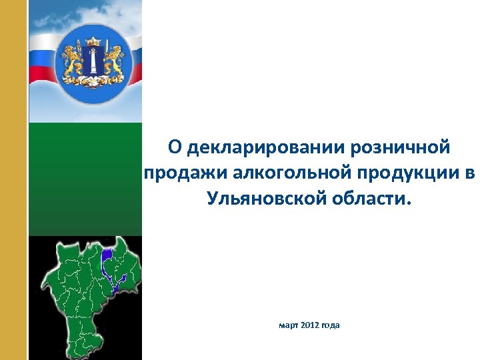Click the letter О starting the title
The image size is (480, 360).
click(x=174, y=146)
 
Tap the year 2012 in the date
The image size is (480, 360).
click(x=310, y=325)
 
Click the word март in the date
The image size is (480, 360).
click(x=289, y=325)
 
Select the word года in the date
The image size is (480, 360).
click(x=331, y=325)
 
